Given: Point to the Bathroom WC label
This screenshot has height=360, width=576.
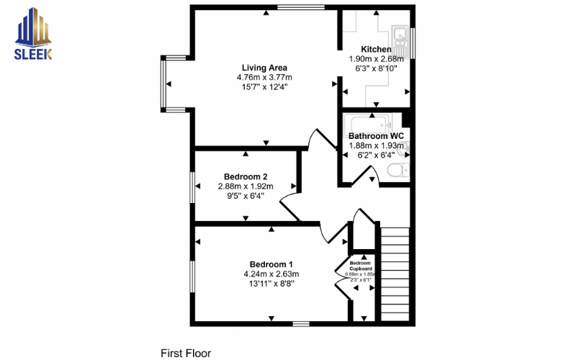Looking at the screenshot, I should [376, 135].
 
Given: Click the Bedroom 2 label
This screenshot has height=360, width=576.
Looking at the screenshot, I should [246, 176].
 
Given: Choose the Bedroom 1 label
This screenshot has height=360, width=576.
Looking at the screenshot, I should [271, 264].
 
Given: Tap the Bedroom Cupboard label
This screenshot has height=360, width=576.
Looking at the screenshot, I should [361, 266].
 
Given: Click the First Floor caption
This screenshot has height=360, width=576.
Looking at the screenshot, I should [185, 354].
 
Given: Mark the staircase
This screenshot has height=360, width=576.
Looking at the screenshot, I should [394, 274].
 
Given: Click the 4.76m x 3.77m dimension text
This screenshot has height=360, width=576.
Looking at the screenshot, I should [264, 77].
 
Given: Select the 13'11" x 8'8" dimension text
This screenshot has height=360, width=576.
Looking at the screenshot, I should [271, 284].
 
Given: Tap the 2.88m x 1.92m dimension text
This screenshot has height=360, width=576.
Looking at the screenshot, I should [246, 186].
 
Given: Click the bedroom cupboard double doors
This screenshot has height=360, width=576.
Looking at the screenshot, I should [341, 274].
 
